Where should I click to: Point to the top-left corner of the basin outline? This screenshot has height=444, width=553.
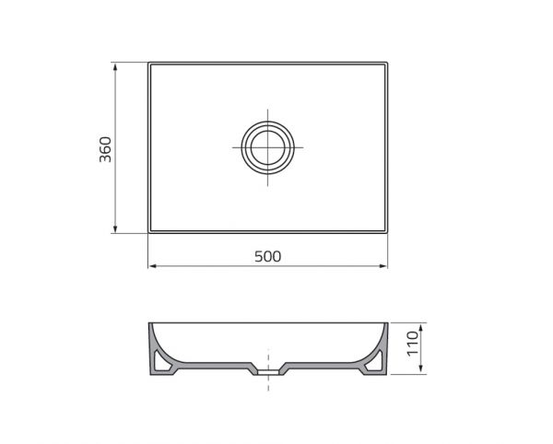tap(149, 64)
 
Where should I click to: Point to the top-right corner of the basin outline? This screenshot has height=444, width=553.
tap(387, 64)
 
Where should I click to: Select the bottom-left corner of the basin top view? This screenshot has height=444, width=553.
tap(149, 232)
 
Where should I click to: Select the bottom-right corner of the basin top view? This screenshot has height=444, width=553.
tap(387, 232)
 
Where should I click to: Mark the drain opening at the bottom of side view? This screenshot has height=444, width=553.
tap(268, 373)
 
